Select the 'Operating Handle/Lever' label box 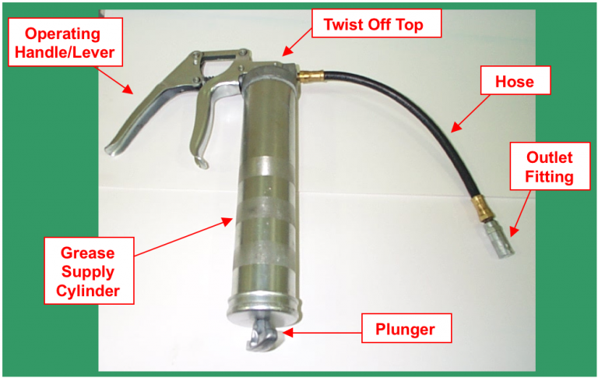pyautogui.click(x=64, y=44)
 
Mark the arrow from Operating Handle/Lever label pyautogui.click(x=115, y=79)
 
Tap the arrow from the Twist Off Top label pyautogui.click(x=297, y=44)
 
